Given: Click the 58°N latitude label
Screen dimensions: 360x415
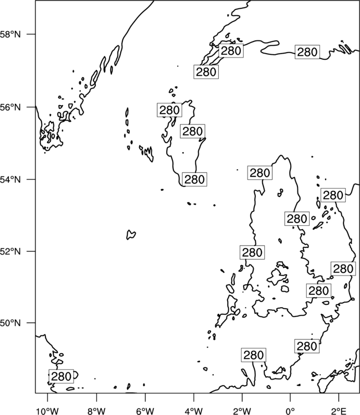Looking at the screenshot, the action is click(x=11, y=34).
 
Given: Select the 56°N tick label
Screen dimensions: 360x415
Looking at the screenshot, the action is click(x=11, y=107).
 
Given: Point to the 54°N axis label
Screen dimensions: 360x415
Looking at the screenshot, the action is click(x=11, y=179).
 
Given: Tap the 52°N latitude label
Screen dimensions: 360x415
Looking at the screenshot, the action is click(x=11, y=251).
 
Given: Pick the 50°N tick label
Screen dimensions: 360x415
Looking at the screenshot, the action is click(x=11, y=323).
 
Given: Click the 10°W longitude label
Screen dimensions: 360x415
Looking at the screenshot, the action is click(x=48, y=411).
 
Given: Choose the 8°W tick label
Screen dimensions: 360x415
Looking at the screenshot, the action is click(x=96, y=411).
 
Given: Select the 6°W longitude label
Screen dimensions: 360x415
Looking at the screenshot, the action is click(x=145, y=411).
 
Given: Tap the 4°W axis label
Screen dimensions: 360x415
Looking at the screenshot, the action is click(x=193, y=411).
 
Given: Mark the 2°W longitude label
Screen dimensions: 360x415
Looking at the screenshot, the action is click(x=242, y=411).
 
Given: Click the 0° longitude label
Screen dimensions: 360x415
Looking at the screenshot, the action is click(x=290, y=411).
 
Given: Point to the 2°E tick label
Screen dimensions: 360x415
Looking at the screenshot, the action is click(x=339, y=411).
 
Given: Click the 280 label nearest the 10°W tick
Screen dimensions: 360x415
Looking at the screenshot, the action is click(x=61, y=376).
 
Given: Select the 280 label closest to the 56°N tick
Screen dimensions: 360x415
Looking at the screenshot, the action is click(x=169, y=110).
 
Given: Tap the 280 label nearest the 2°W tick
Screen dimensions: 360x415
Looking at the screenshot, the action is click(x=254, y=355).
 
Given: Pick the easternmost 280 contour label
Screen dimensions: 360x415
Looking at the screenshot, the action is click(x=343, y=268).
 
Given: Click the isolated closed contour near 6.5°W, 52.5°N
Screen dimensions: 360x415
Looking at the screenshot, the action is click(x=131, y=235).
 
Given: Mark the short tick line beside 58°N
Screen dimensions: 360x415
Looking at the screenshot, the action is click(x=31, y=34).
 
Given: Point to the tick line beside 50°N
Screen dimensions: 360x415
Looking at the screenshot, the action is click(x=31, y=323).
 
